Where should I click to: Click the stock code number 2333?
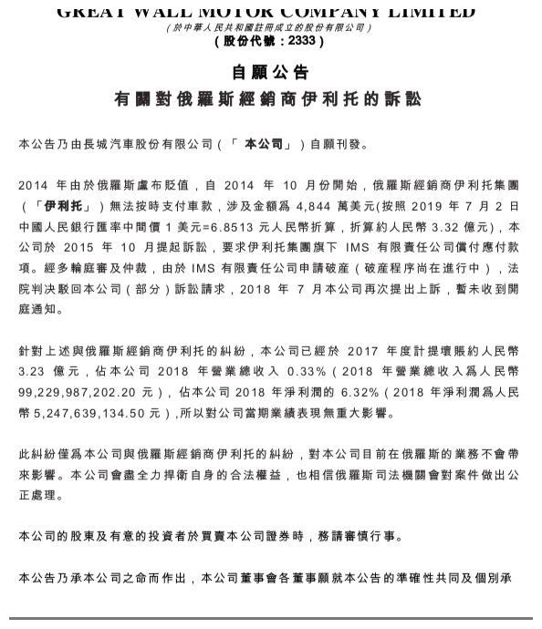pyautogui.click(x=303, y=42)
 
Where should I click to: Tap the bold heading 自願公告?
pyautogui.click(x=270, y=72)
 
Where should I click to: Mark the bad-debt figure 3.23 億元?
pyautogui.click(x=47, y=373)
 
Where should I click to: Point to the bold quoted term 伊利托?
pyautogui.click(x=62, y=207)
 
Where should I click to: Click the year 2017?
pyautogui.click(x=362, y=352)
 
